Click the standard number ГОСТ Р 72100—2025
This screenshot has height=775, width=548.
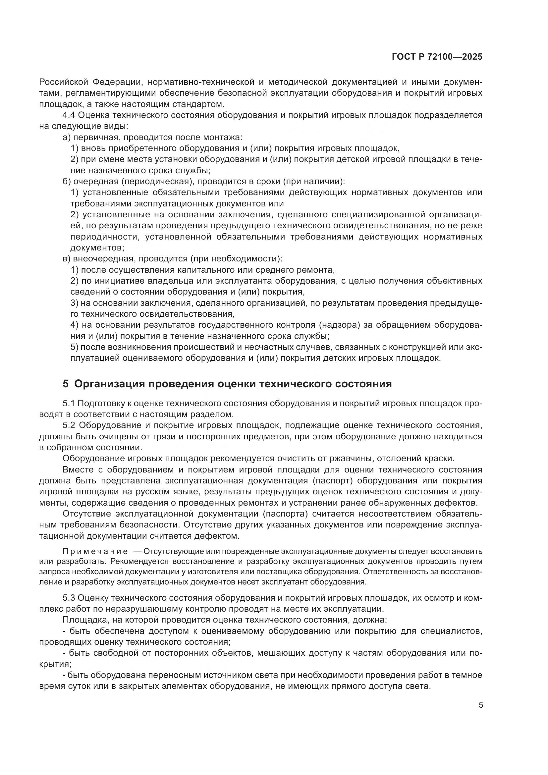437,57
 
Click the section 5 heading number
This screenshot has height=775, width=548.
66,384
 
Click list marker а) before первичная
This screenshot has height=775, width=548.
67,138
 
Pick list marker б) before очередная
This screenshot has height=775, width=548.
67,182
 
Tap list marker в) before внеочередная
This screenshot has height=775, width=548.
67,259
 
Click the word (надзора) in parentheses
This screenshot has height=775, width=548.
340,325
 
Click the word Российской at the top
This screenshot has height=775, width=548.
64,82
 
